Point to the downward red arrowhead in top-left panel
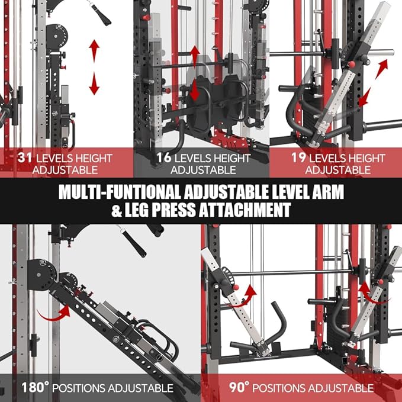coord(94,87)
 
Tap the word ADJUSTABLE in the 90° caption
coord(340,388)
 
